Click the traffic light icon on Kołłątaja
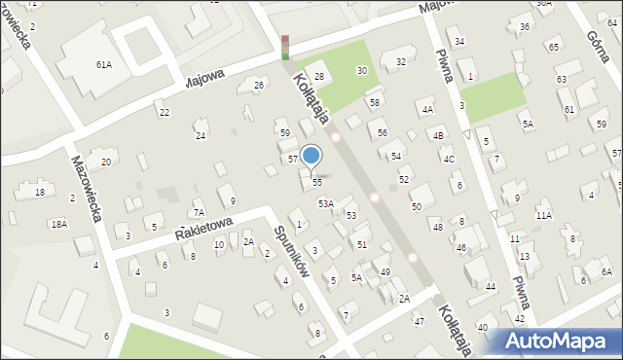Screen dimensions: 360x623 [285, 48]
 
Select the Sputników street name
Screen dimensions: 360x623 [291, 253]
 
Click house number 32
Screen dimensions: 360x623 [400, 62]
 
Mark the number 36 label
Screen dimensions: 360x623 [525, 26]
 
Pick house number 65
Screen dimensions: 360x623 [553, 47]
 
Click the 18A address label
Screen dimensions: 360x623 [59, 224]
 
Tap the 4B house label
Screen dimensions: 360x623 [438, 135]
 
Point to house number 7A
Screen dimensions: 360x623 [199, 212]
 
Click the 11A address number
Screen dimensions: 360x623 [543, 215]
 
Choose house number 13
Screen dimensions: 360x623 [524, 256]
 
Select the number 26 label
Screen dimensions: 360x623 [259, 86]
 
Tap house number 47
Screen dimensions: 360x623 [420, 321]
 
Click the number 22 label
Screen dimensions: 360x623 [165, 113]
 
